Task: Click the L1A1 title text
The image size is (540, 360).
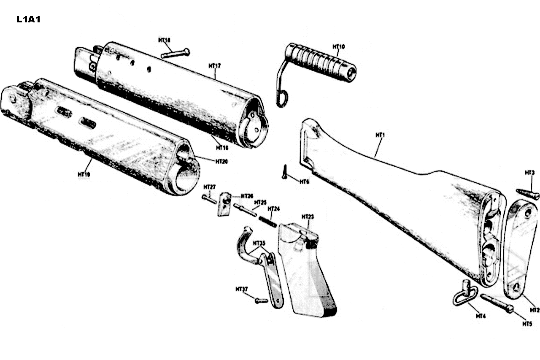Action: (x=28, y=19)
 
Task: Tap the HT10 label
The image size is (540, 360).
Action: (x=338, y=46)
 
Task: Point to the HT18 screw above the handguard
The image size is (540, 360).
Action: (x=175, y=54)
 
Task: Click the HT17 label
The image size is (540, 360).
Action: (x=215, y=66)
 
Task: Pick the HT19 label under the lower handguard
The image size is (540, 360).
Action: (x=84, y=173)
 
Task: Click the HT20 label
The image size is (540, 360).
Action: (x=221, y=161)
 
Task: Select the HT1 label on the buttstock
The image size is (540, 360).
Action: (x=381, y=135)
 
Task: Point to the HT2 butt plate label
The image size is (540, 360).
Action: (x=534, y=310)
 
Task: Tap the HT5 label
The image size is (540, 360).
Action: (x=527, y=324)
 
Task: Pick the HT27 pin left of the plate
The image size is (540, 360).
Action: (x=209, y=197)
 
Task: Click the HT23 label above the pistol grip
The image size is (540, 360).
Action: (x=308, y=217)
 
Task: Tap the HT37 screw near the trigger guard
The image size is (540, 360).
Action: (x=261, y=300)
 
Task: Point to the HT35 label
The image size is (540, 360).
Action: (x=259, y=243)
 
